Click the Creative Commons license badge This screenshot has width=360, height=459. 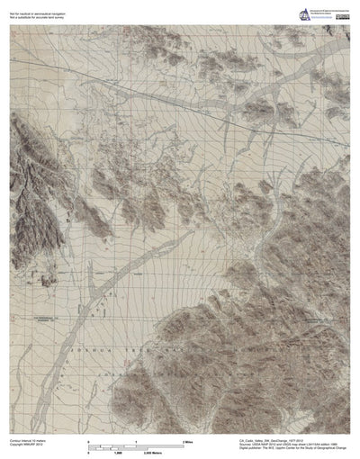click(x=343, y=16)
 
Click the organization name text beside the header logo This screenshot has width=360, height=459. click(x=330, y=9)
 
